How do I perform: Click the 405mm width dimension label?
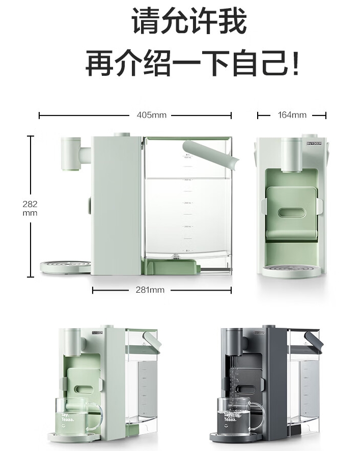click(152, 115)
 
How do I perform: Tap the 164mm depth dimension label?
click(292, 115)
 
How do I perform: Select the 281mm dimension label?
click(150, 290)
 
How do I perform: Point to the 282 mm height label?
click(30, 208)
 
